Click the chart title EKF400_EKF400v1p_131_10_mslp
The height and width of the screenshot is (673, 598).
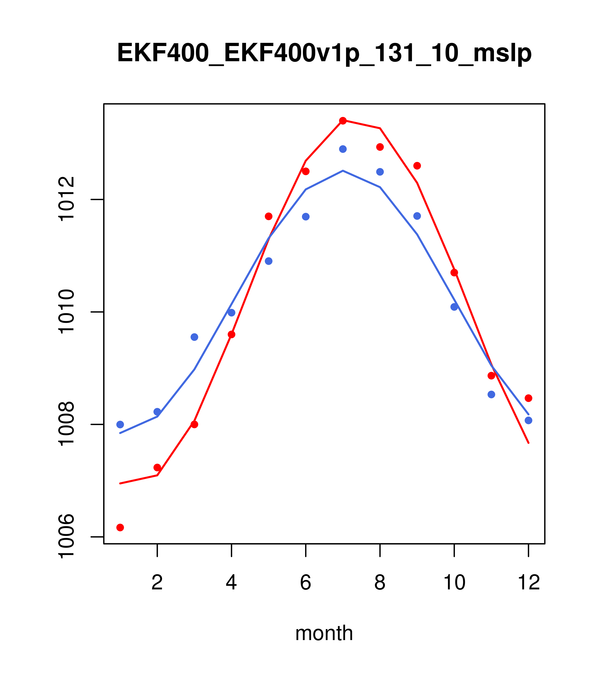[324, 53]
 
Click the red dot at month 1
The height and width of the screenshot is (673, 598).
[120, 528]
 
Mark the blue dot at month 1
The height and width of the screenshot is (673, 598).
[120, 424]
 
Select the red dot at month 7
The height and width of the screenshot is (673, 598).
[343, 121]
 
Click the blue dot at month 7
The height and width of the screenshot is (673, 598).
[343, 149]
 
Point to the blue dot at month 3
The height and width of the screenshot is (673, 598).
[195, 337]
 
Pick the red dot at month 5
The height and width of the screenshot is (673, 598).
[269, 216]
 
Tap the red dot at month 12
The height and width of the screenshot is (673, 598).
[529, 398]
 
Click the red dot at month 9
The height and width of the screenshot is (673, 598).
[417, 166]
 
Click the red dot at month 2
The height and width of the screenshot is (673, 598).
[157, 468]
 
